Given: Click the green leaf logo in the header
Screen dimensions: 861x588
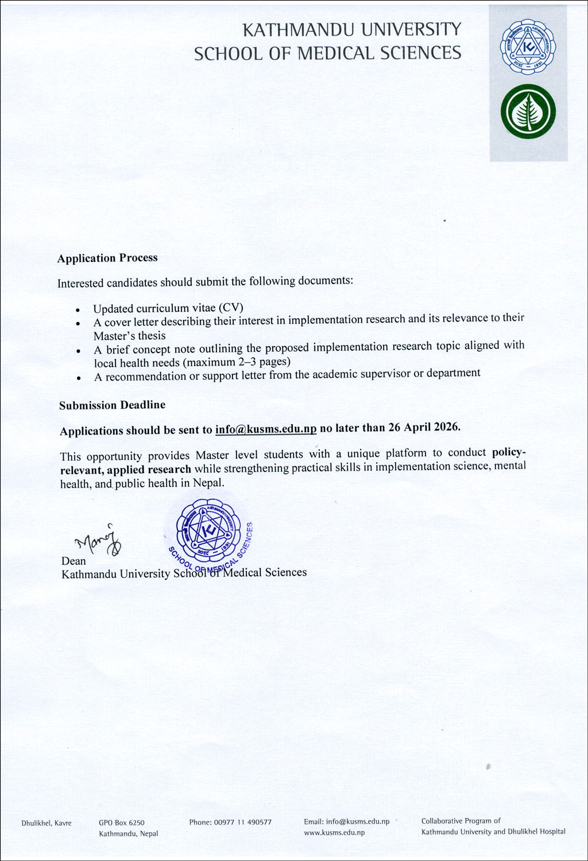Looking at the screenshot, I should click(528, 111).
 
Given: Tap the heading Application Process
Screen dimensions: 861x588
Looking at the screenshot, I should click(107, 258).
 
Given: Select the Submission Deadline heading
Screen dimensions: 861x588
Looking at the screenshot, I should click(112, 405).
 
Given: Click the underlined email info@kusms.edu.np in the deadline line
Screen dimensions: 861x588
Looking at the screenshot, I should click(266, 429).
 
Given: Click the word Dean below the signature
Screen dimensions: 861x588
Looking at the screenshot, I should click(73, 561).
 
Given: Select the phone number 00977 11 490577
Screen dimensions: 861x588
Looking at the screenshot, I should click(243, 822).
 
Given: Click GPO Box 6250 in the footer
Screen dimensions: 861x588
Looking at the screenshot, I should click(122, 823).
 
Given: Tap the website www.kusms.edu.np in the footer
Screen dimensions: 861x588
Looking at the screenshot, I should click(334, 832).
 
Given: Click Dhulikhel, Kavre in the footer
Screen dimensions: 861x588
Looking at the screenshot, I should click(47, 823).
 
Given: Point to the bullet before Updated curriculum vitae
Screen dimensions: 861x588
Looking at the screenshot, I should click(78, 310).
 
